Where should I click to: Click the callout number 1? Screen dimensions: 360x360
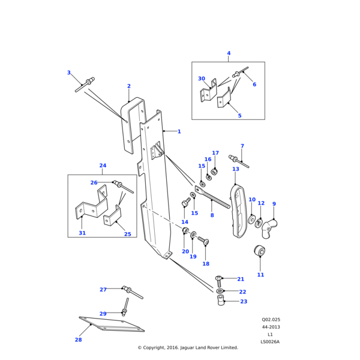pyautogui.click(x=179, y=131)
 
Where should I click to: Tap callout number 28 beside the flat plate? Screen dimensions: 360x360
pyautogui.click(x=78, y=340)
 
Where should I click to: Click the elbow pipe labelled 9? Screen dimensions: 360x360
pyautogui.click(x=272, y=224)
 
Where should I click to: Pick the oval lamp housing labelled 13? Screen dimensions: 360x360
pyautogui.click(x=239, y=211)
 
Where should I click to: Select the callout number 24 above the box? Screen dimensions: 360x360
pyautogui.click(x=103, y=166)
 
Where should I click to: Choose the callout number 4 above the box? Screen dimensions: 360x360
pyautogui.click(x=229, y=53)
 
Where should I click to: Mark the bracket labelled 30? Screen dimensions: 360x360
pyautogui.click(x=208, y=94)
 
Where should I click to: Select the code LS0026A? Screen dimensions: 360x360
pyautogui.click(x=270, y=342)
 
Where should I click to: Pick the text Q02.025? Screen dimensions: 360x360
pyautogui.click(x=271, y=320)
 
